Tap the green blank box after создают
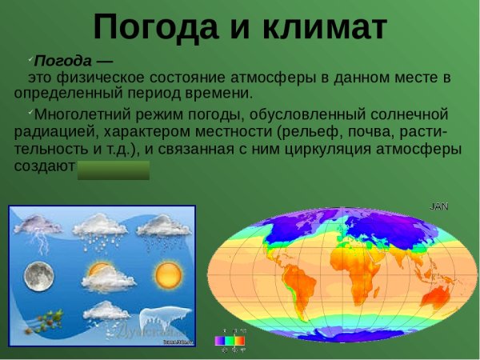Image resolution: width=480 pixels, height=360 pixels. (x=113, y=169)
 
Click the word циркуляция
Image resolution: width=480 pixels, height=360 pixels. (x=315, y=150)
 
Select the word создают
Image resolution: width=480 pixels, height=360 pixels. (x=44, y=168)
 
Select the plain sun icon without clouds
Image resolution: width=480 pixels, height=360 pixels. (x=169, y=277)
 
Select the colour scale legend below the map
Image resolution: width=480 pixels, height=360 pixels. (x=231, y=339)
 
